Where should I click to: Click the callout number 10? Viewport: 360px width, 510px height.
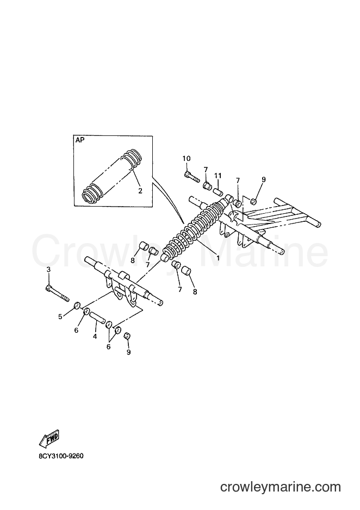pos(187,158)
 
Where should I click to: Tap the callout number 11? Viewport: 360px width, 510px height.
pos(218,176)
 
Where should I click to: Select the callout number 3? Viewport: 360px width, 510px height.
pos(48,269)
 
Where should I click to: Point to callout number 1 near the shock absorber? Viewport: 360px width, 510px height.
pos(218,258)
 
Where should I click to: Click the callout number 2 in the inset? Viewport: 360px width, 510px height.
pos(140,191)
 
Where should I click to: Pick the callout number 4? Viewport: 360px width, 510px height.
pos(95,337)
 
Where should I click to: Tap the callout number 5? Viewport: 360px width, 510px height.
pos(60,316)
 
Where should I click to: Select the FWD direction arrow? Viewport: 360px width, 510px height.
pos(49,438)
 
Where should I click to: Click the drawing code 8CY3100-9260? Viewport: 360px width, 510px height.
pos(61,456)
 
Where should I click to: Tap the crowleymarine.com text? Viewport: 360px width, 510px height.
pos(280,487)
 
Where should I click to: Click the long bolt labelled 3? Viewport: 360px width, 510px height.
pos(57,293)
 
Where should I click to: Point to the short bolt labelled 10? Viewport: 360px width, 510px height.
pos(191,177)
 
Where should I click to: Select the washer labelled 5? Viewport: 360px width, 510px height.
pos(77,306)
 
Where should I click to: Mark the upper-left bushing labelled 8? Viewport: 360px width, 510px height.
pos(144,247)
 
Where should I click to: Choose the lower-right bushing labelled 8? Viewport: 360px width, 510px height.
pos(185,271)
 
